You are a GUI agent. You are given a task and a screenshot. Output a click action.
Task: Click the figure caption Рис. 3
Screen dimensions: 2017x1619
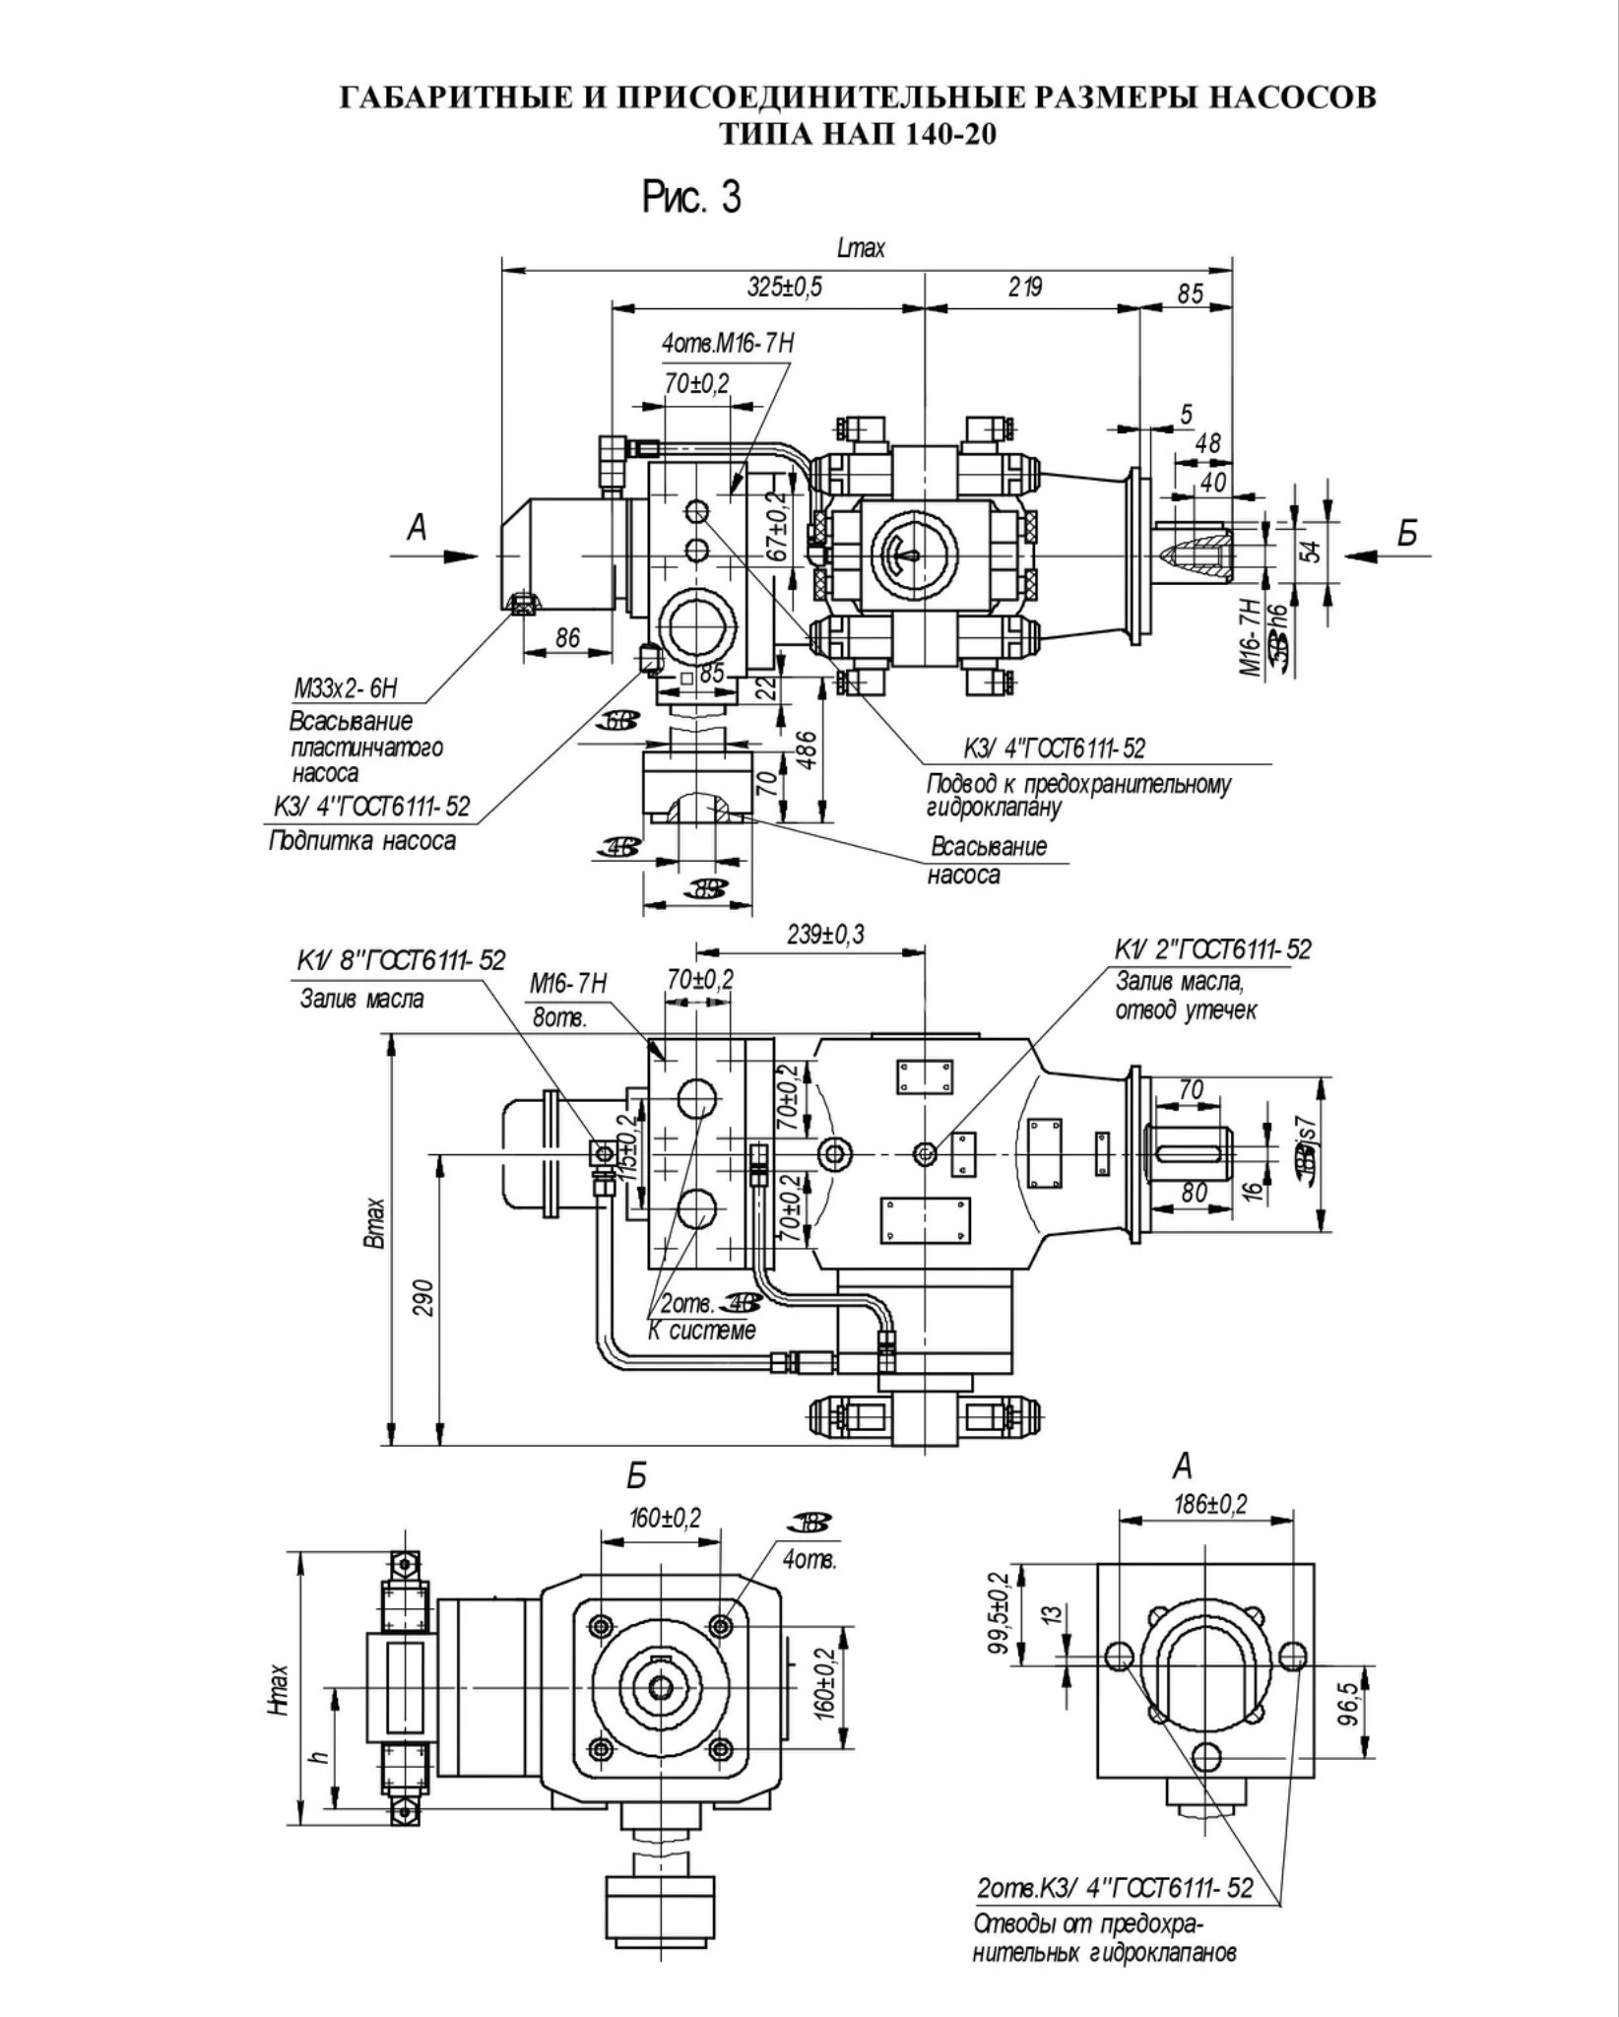(691, 197)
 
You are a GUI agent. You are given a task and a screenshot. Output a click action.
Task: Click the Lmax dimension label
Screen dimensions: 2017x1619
(861, 248)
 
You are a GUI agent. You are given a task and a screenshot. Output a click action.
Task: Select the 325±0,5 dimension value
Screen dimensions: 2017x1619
(784, 287)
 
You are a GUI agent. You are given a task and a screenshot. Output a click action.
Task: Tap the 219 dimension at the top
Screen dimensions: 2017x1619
(1024, 287)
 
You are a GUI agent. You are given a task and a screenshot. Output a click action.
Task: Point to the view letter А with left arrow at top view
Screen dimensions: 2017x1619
(418, 530)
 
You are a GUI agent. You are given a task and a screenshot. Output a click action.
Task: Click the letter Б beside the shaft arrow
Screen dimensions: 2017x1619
(1407, 533)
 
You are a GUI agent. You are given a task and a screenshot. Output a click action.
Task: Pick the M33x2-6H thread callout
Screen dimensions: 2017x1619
(346, 687)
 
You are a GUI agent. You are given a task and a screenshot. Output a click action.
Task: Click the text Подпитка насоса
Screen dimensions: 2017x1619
(362, 841)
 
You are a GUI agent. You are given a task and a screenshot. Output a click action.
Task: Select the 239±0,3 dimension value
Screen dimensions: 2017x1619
(826, 935)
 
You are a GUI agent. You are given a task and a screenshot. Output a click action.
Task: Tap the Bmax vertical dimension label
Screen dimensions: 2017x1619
(375, 1224)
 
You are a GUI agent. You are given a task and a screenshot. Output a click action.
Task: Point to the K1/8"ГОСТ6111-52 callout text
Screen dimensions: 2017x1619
(401, 960)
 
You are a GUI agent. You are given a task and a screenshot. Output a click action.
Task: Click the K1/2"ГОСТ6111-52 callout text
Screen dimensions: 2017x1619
(1212, 949)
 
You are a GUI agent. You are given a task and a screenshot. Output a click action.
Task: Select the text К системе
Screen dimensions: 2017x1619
(701, 1331)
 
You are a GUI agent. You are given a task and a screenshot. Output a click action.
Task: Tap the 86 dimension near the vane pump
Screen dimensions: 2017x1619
(567, 638)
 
